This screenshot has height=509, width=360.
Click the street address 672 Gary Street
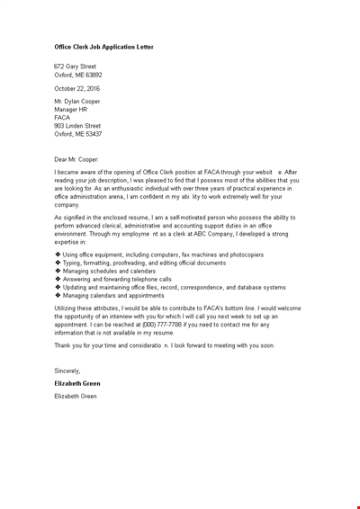75,67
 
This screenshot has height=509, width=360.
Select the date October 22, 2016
76,89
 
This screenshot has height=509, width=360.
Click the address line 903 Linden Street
77,126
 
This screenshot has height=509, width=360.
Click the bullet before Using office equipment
58,254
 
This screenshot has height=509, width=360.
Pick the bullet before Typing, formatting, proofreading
58,263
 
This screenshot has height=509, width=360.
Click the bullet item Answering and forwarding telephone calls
117,279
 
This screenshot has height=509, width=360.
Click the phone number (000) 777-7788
161,325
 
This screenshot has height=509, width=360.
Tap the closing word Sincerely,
67,371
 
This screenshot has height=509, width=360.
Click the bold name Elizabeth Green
77,383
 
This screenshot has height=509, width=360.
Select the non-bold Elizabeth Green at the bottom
76,396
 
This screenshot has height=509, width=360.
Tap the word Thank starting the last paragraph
63,345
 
